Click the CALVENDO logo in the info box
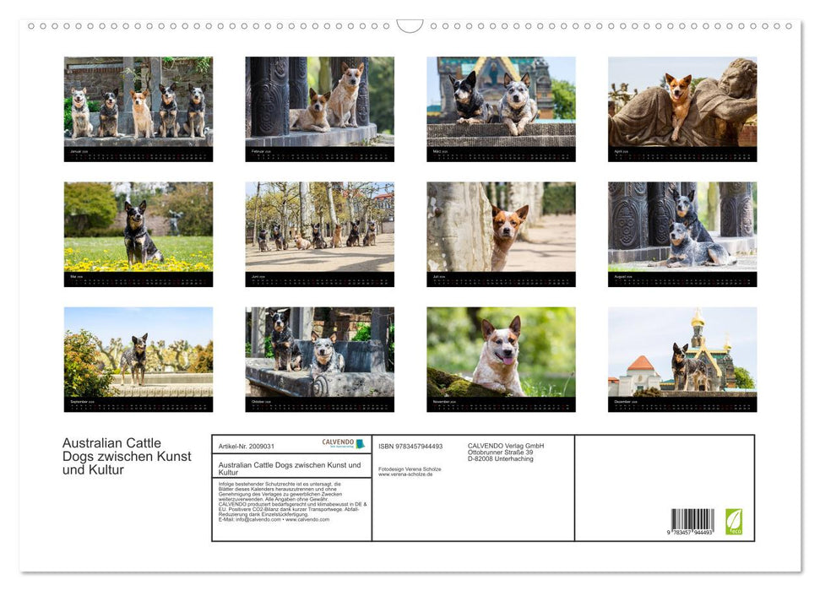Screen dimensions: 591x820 (x=343, y=443)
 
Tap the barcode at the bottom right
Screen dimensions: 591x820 (x=692, y=520)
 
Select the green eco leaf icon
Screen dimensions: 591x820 (x=734, y=521)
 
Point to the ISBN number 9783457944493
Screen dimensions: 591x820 (x=410, y=446)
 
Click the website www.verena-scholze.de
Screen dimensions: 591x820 (x=405, y=474)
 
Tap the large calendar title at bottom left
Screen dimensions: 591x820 (x=127, y=457)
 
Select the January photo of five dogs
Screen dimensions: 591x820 (x=138, y=102)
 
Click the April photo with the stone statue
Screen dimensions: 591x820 (x=682, y=102)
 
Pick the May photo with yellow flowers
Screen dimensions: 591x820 (x=138, y=227)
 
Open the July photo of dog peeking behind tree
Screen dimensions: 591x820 (x=501, y=227)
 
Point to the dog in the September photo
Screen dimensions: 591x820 (x=133, y=356)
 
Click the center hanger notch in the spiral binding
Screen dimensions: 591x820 (x=410, y=26)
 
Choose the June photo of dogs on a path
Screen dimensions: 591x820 (x=319, y=227)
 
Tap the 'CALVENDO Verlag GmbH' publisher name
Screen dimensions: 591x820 (x=506, y=446)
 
